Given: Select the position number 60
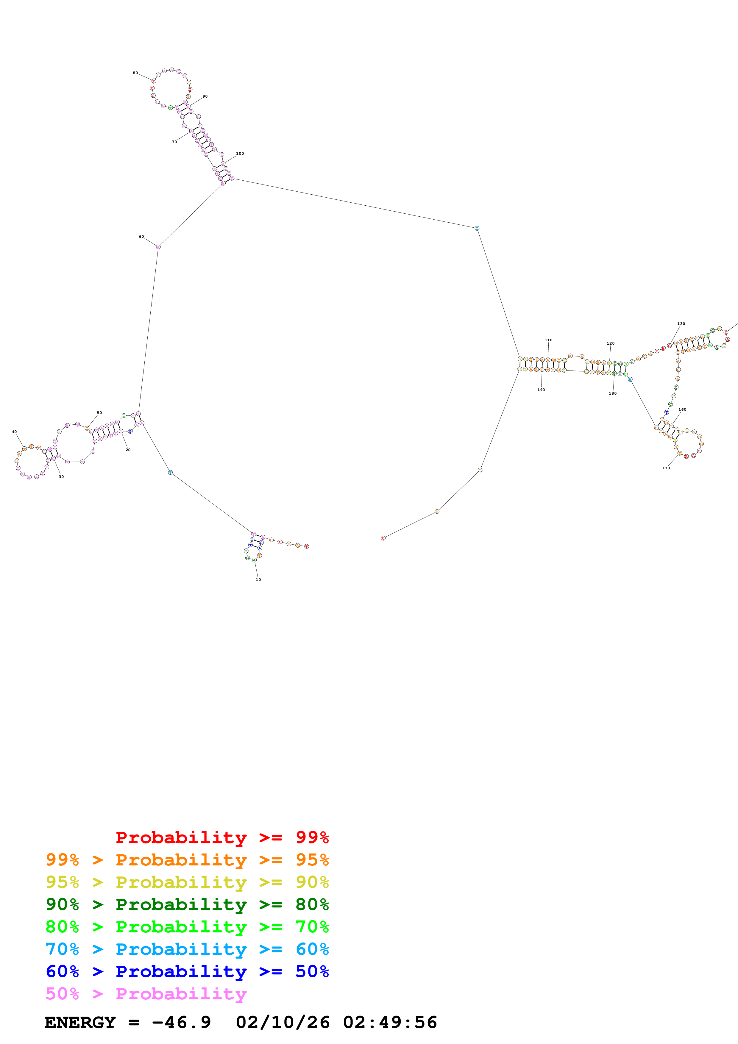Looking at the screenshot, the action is (141, 236).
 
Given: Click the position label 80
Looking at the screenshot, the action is (135, 73).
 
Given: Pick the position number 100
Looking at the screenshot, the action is (240, 154).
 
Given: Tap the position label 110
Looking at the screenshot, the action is (548, 340).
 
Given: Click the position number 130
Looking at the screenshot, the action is (681, 324).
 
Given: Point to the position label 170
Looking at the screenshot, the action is (666, 468).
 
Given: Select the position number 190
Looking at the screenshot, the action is (541, 390).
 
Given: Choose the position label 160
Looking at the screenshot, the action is (682, 409).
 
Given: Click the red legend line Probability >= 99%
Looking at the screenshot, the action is (222, 837).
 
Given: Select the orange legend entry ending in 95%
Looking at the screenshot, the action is (187, 859).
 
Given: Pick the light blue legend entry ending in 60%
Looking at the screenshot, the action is (187, 949).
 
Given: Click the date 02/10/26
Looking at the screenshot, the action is (283, 1023).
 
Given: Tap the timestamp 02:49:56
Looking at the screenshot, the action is (390, 1023).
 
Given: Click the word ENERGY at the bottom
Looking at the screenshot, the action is (80, 1023).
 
